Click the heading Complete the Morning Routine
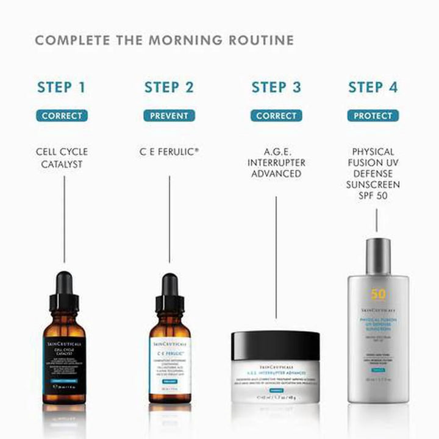(164, 41)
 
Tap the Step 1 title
(62, 87)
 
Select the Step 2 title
(169, 87)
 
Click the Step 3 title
(276, 87)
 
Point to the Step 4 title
(373, 87)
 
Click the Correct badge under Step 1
(62, 115)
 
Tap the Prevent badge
(169, 115)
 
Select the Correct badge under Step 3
(276, 115)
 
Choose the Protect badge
(373, 115)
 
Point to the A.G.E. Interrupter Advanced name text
(276, 163)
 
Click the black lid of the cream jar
(276, 342)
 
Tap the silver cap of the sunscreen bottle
(378, 255)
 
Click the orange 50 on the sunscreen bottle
(378, 294)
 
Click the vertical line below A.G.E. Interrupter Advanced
(276, 256)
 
